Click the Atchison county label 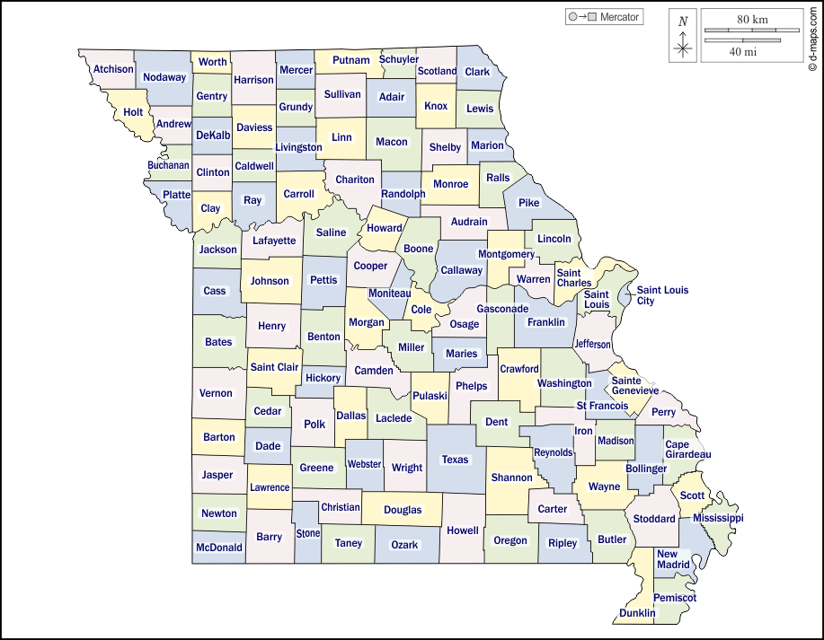(x=113, y=69)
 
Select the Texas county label (x=455, y=460)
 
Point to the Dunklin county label (x=637, y=613)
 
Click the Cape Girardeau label (x=687, y=450)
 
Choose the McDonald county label (x=218, y=547)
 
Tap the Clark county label (x=477, y=72)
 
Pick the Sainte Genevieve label (x=634, y=386)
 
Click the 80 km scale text (x=751, y=19)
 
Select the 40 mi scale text (x=742, y=52)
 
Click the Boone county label (x=419, y=249)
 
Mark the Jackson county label (x=218, y=250)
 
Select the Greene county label (x=316, y=468)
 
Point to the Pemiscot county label (x=675, y=597)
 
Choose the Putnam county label (x=351, y=60)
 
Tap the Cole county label (x=421, y=310)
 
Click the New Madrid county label (x=673, y=559)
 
